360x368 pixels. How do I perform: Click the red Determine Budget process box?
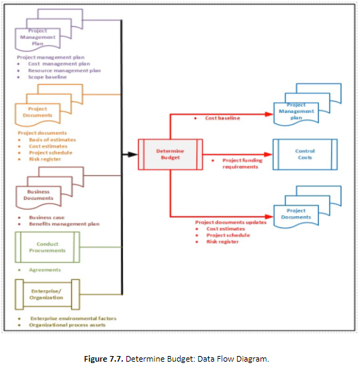pos(169,155)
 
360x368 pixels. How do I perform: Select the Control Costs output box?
pos(304,155)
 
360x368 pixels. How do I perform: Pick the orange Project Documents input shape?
pos(43,111)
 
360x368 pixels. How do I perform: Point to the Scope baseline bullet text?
pos(48,77)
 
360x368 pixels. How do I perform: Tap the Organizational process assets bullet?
pos(72,326)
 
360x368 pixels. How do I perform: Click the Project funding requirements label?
pos(243,164)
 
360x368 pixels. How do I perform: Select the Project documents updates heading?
pos(229,222)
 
